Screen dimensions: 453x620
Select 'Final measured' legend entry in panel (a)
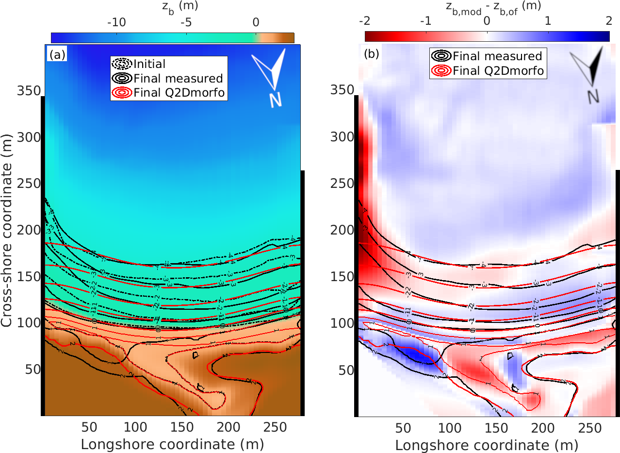click(x=178, y=78)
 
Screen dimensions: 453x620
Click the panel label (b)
click(x=372, y=55)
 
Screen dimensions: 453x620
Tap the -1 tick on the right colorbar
click(x=425, y=22)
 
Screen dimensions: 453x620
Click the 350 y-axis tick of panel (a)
click(x=30, y=91)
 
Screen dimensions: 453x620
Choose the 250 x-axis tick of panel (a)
click(x=275, y=427)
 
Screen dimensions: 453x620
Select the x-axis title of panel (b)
click(x=486, y=444)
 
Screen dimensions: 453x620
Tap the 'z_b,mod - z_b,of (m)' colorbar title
click(x=487, y=7)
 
